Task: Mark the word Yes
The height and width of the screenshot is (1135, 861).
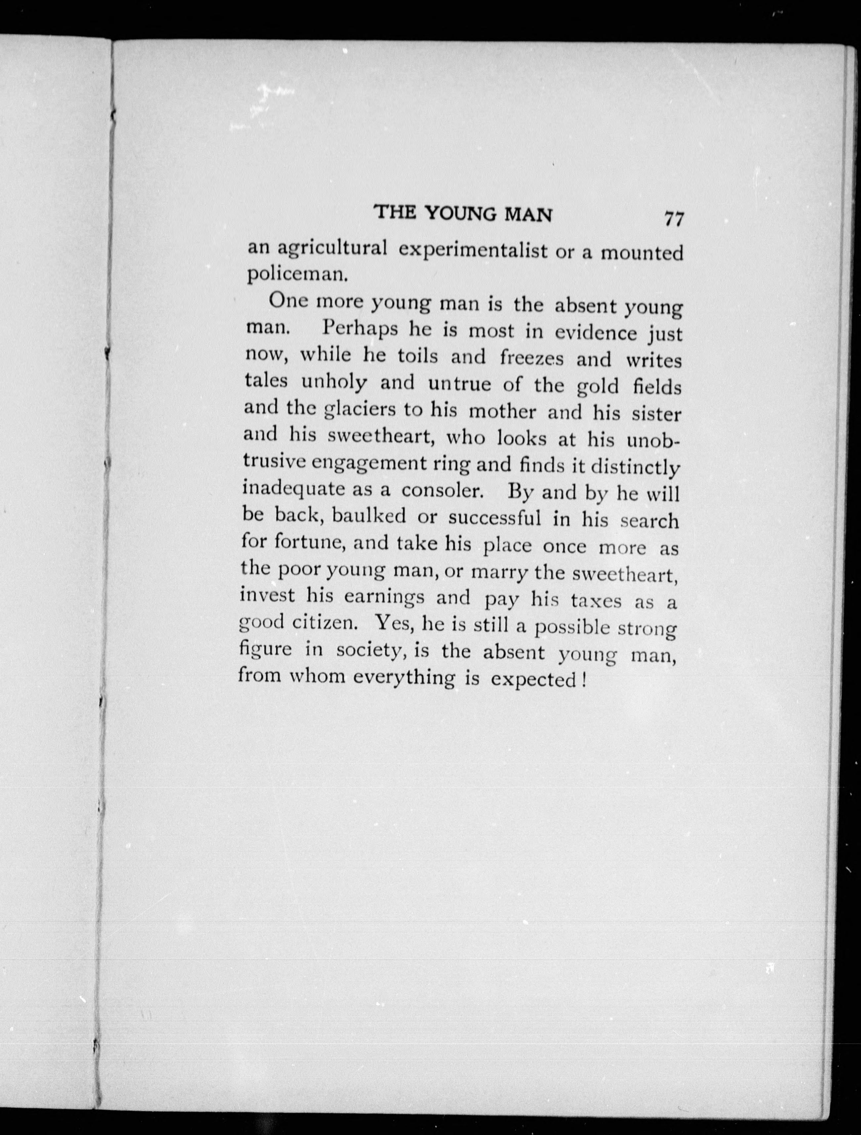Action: coord(392,624)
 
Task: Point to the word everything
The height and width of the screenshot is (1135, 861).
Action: coord(404,678)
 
